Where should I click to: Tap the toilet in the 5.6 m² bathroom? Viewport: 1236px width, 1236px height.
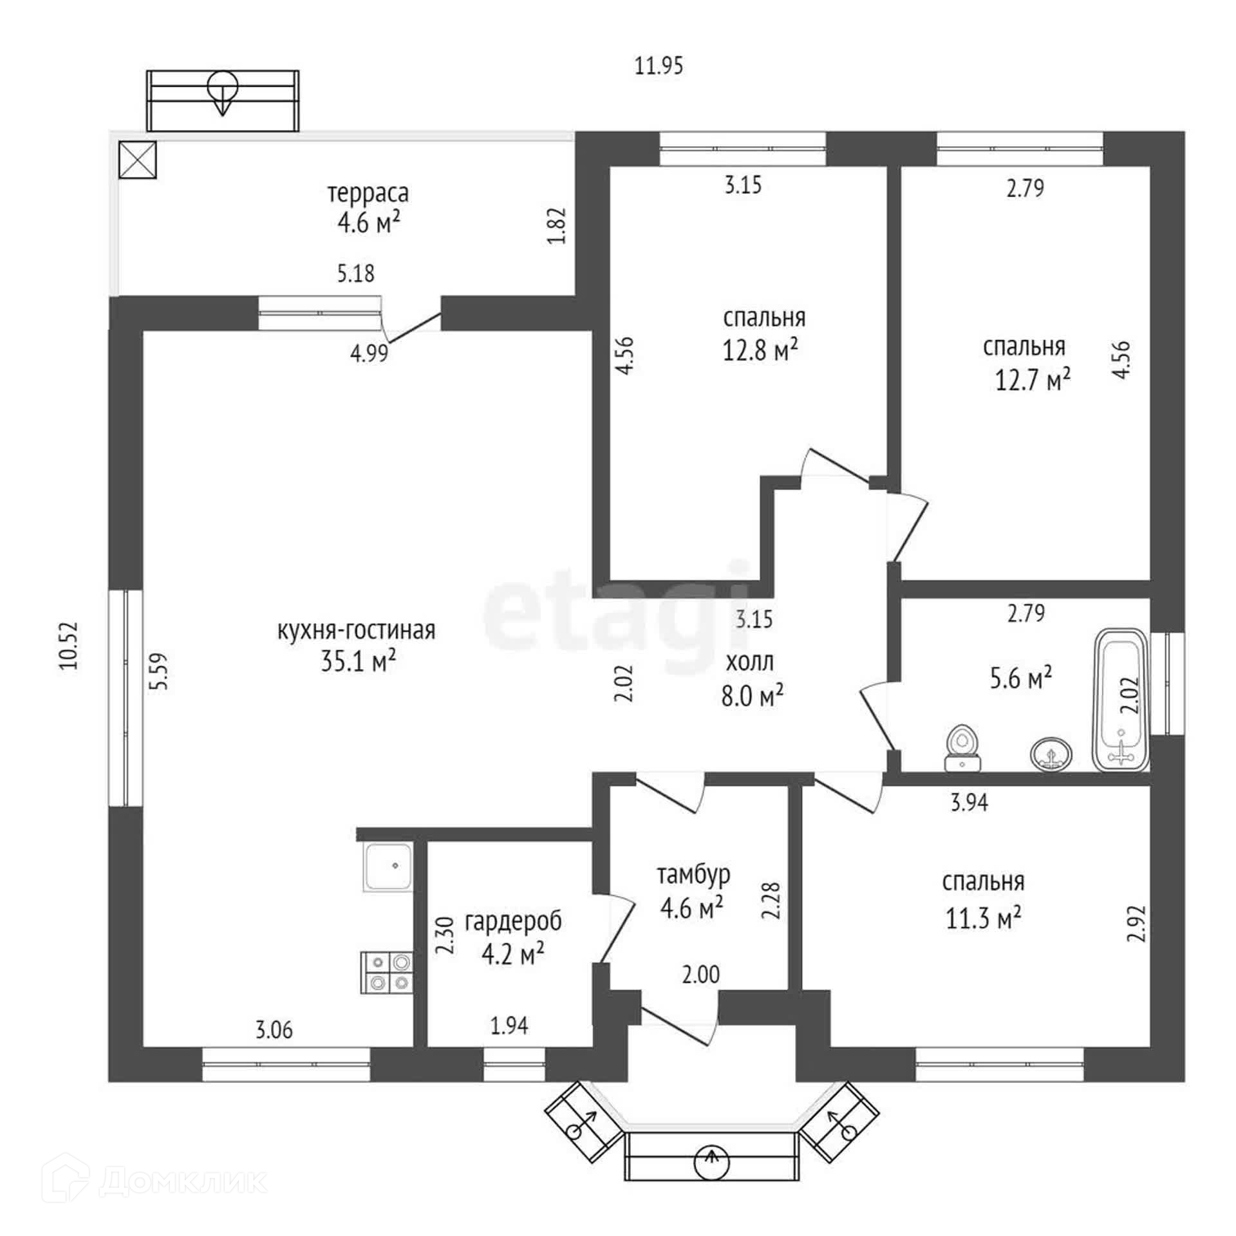(962, 749)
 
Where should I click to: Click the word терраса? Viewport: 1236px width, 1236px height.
(368, 193)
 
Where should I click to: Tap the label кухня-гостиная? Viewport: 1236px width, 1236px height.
(356, 630)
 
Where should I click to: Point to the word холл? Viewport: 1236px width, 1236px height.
(750, 662)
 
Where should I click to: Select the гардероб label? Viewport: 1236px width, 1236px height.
(513, 922)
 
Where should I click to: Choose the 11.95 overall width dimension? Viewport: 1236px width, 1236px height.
(659, 66)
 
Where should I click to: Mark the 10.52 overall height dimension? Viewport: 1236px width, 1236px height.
(69, 646)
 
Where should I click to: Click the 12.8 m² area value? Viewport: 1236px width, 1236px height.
(760, 350)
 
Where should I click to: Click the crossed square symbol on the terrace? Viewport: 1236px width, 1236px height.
(137, 160)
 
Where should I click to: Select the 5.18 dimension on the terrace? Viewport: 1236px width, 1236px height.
(356, 274)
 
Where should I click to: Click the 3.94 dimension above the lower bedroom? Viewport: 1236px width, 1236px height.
(969, 802)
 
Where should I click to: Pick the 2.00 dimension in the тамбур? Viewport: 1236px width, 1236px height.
(700, 974)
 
